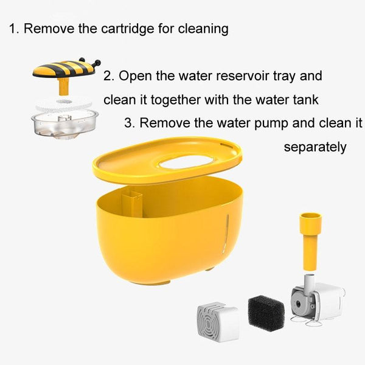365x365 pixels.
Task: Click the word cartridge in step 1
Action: [128, 29]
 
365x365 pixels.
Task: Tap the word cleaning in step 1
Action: [203, 29]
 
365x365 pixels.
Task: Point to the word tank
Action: [305, 100]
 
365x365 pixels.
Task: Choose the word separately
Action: [315, 147]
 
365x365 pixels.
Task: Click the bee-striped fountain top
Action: [66, 68]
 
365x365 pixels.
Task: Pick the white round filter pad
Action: [63, 104]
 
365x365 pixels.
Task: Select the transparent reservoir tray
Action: [64, 124]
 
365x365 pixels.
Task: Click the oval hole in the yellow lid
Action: [186, 162]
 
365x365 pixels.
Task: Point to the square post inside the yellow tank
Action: [132, 203]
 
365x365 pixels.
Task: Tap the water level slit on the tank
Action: [226, 233]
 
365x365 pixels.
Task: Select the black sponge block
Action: [266, 313]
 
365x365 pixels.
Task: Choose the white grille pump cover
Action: [218, 321]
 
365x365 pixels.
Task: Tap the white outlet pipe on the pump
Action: [309, 283]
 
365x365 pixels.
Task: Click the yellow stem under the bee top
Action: [63, 86]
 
